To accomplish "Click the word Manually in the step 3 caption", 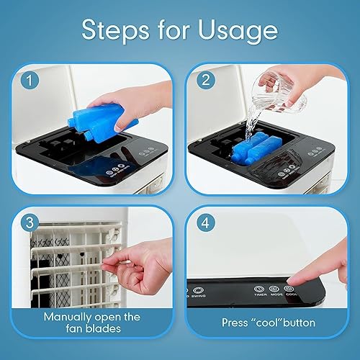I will [70, 316].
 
